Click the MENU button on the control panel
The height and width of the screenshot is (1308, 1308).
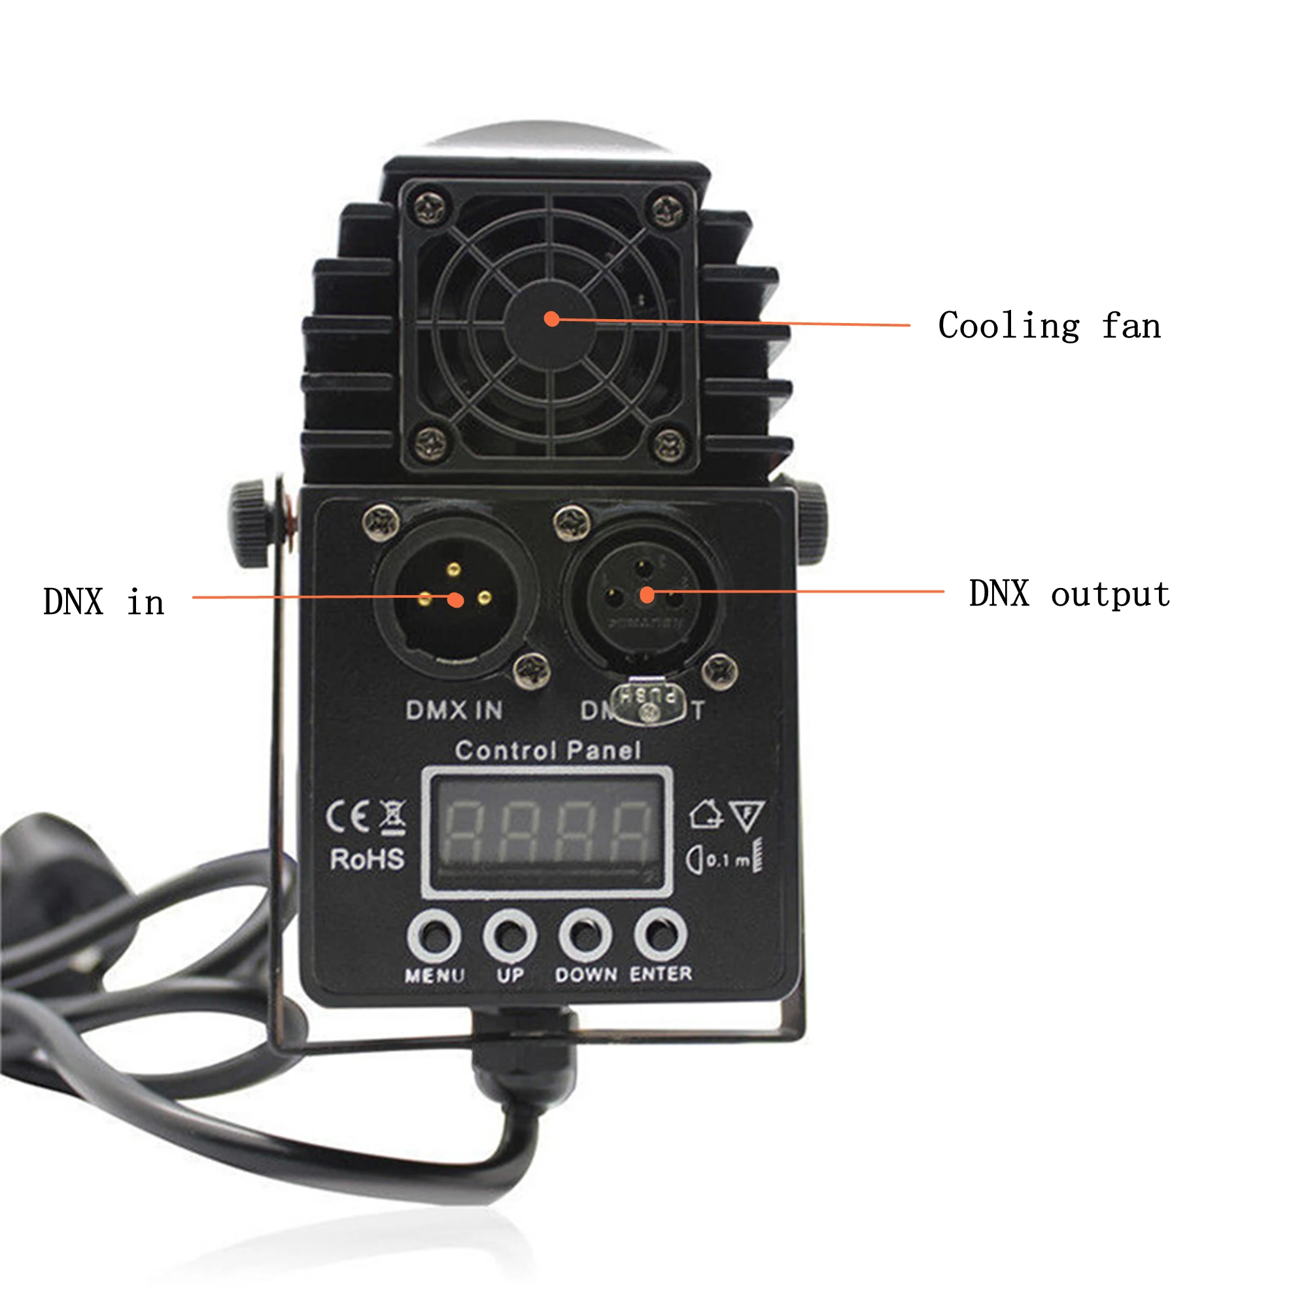coord(434,936)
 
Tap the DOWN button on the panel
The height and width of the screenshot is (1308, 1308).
coord(585,936)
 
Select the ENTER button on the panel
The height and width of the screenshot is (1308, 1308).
coord(661,935)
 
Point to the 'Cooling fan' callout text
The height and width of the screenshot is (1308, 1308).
coord(1049,326)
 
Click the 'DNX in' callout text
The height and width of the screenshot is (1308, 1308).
coord(103,601)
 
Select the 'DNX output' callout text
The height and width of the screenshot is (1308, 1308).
coord(1069,594)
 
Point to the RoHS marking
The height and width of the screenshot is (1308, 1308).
coord(367,859)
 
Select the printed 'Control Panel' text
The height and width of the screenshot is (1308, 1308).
coord(547,750)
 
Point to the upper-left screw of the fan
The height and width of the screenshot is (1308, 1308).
coord(429,208)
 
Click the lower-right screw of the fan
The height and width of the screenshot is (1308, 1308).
coord(670,444)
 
